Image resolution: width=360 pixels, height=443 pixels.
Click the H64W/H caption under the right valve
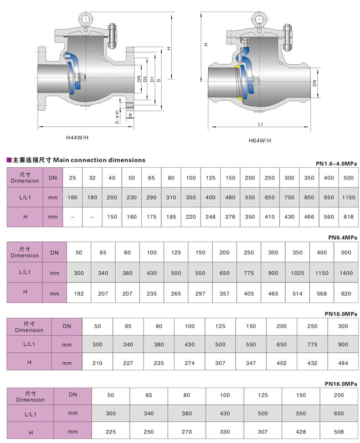pyautogui.click(x=260, y=141)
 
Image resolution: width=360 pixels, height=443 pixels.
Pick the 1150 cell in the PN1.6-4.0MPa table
pyautogui.click(x=348, y=197)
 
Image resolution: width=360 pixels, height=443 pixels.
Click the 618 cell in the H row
pyautogui.click(x=348, y=217)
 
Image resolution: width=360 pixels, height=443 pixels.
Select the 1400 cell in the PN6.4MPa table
pyautogui.click(x=346, y=272)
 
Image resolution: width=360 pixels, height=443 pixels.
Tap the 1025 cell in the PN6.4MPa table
pyautogui.click(x=298, y=272)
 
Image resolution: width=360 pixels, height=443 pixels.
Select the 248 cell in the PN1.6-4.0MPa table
pyautogui.click(x=211, y=217)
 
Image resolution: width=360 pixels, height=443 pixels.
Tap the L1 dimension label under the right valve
pyautogui.click(x=260, y=125)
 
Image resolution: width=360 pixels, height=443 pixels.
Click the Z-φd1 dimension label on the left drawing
pyautogui.click(x=117, y=116)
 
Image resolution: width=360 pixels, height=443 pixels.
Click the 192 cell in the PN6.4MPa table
pyautogui.click(x=79, y=293)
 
